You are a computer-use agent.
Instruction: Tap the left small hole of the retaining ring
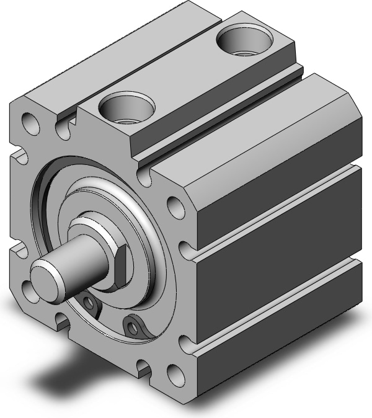(x=91, y=303)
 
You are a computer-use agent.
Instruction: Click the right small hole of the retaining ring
(x=131, y=324)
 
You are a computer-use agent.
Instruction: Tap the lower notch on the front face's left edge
(x=19, y=251)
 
